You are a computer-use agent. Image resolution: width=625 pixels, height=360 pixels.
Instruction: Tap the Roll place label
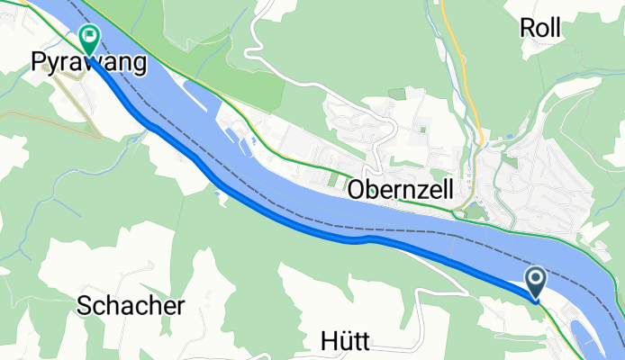tap(540, 28)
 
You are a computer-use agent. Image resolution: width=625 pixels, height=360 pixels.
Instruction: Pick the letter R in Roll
tap(528, 28)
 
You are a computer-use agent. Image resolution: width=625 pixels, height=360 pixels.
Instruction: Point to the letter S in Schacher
tap(84, 305)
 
